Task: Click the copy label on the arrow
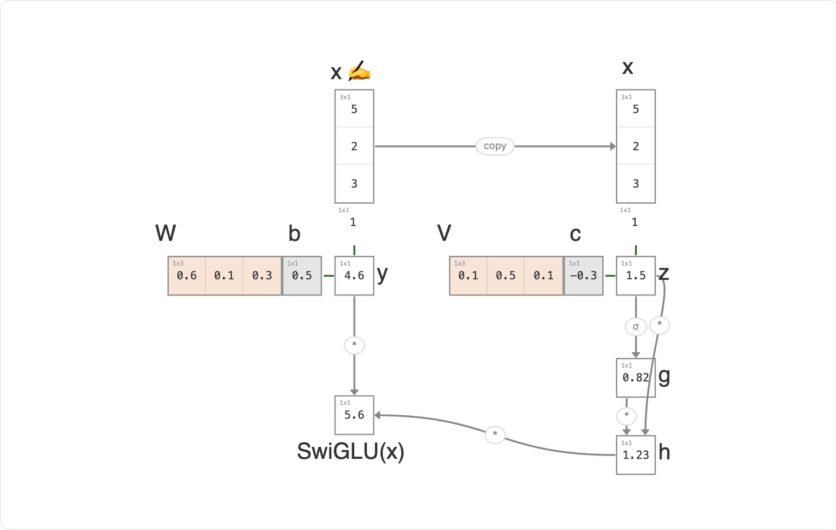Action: [495, 146]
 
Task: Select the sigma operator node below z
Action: [636, 327]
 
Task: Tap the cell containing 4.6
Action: [354, 276]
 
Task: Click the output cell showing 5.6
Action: [354, 415]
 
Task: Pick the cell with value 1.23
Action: [636, 455]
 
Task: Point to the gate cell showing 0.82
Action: [636, 378]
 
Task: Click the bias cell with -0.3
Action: [583, 276]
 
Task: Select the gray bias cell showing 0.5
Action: [302, 276]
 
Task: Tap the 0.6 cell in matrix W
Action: [187, 276]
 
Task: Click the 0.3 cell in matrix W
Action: [262, 276]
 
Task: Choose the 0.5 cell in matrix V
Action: [506, 276]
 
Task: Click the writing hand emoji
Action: [359, 71]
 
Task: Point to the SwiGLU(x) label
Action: [350, 451]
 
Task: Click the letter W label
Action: [165, 233]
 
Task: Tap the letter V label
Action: [444, 233]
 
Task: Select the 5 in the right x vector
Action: [636, 109]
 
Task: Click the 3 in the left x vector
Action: [354, 184]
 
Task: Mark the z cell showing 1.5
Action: [636, 276]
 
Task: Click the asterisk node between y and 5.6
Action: [354, 345]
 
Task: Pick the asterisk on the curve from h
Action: [495, 435]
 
